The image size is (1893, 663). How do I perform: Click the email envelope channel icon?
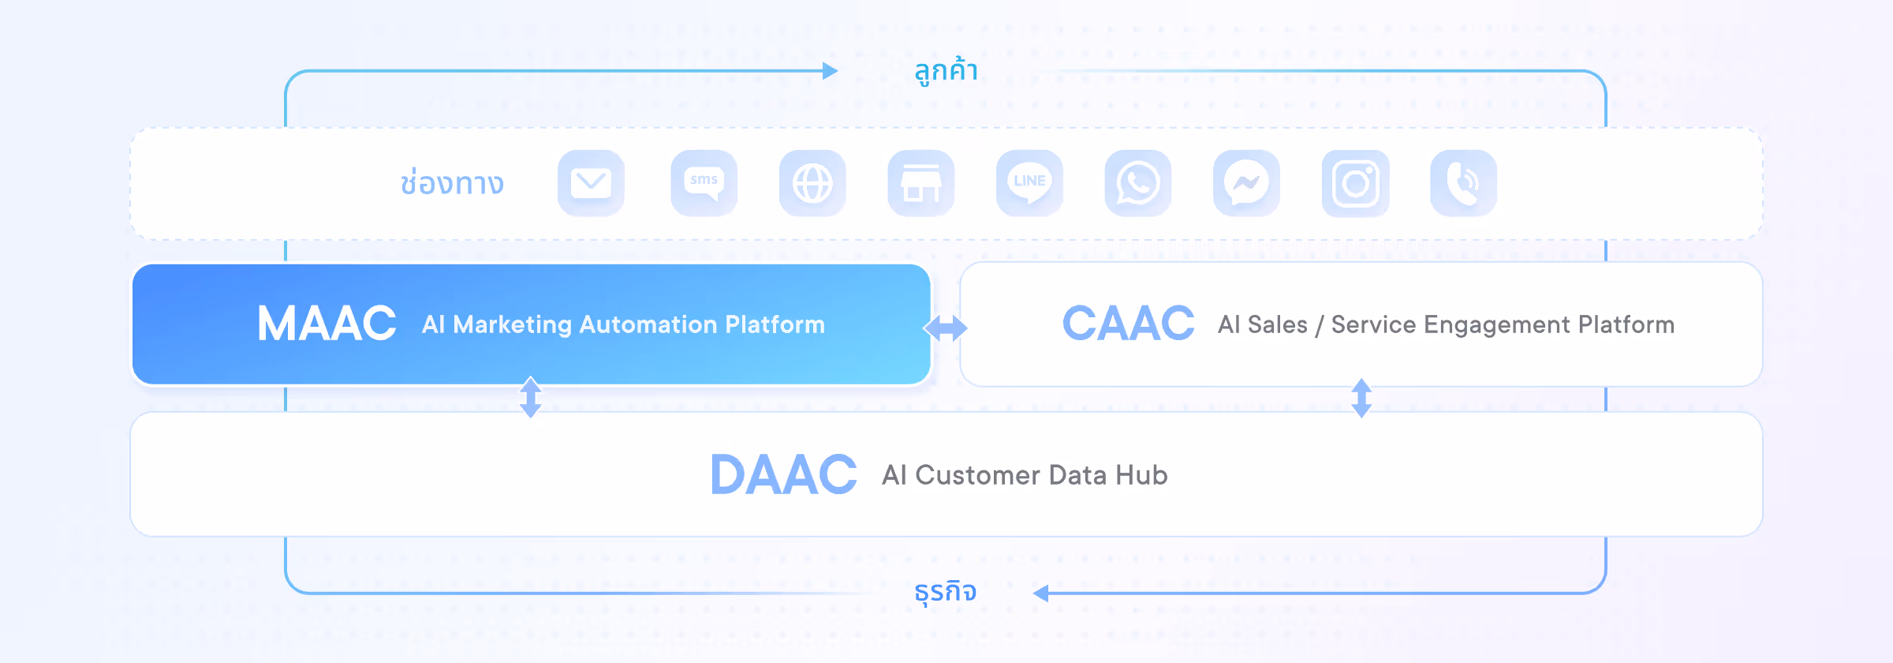point(591,183)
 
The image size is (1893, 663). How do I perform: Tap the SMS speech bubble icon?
point(704,183)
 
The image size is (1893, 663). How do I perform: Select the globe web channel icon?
point(812,183)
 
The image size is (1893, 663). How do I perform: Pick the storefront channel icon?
point(920,183)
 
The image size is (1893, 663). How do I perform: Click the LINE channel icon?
point(1029,183)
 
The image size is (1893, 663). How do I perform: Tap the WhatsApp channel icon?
point(1137,183)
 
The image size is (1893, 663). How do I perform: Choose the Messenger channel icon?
point(1246,183)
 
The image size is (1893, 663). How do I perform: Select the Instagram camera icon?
point(1355,183)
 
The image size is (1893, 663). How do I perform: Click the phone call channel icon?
point(1463,183)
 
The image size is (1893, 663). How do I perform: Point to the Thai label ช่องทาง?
point(452,183)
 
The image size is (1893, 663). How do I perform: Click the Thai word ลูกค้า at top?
point(946,71)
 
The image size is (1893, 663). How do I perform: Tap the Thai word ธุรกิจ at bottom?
point(945,591)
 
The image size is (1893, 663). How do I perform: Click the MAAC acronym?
point(327,324)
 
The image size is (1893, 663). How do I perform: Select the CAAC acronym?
point(1128,324)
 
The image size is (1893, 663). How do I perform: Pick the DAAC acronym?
point(783,474)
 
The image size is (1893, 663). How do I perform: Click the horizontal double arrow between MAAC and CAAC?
point(946,328)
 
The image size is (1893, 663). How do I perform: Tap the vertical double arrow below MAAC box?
point(531,397)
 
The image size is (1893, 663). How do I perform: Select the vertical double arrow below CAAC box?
point(1361,398)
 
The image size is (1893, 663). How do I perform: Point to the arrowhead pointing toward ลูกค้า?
point(830,71)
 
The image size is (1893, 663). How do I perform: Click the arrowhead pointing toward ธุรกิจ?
point(1041,594)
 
